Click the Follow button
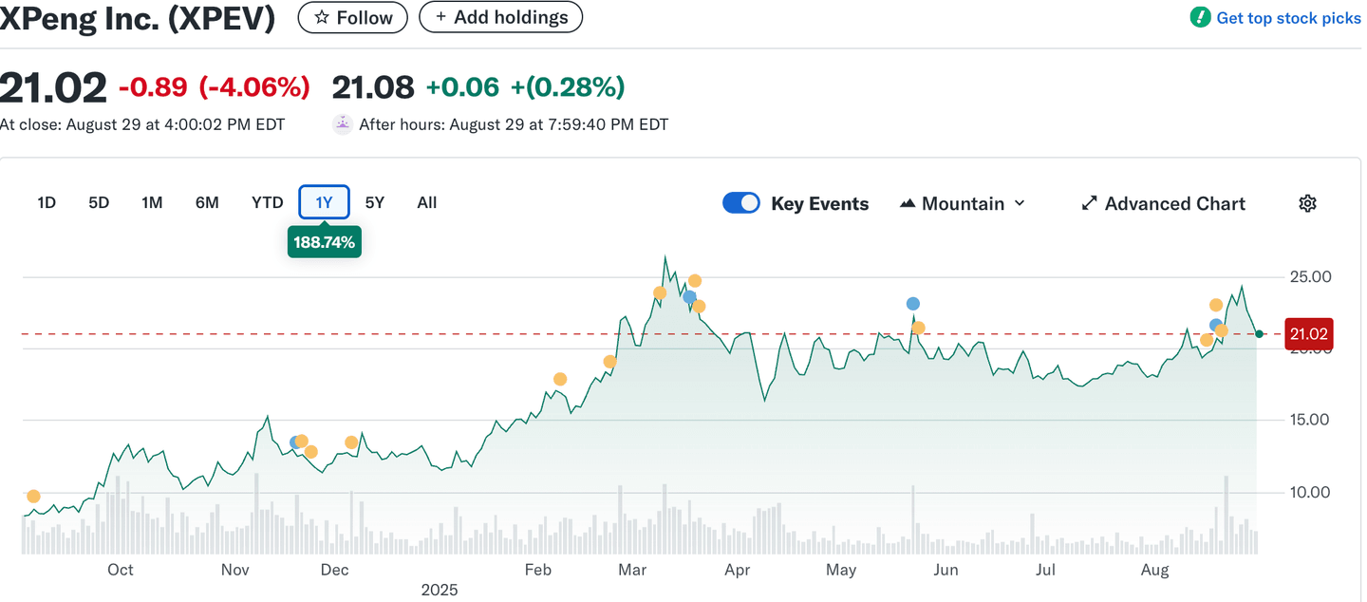coord(352,17)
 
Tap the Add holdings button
coord(500,17)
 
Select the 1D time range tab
coord(47,202)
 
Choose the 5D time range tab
coord(99,202)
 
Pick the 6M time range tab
coord(207,202)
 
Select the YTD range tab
coord(268,202)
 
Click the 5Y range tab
coord(375,202)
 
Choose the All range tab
coord(427,202)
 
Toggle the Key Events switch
coord(741,203)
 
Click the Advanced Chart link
coord(1163,203)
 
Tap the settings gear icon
coord(1307,203)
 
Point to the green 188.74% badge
coord(324,242)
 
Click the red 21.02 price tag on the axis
coord(1308,334)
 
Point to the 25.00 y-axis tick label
coord(1308,276)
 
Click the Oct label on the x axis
coord(121,570)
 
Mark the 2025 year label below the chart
coord(440,590)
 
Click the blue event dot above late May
coord(913,304)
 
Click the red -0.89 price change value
coord(153,87)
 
